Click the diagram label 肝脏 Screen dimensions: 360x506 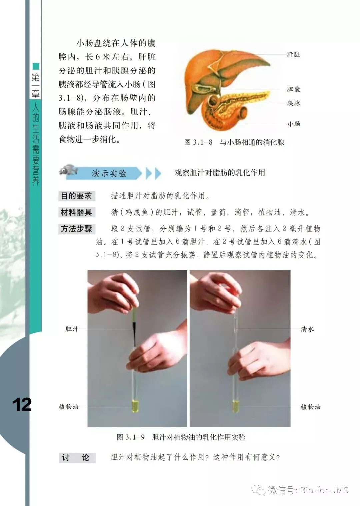(x=293, y=54)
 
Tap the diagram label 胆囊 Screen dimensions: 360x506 (x=293, y=89)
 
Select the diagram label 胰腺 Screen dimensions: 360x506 (x=293, y=103)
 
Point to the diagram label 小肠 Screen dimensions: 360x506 (x=294, y=124)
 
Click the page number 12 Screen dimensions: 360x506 (x=22, y=405)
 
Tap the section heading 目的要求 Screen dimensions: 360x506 (x=76, y=196)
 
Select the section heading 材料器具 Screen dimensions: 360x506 (x=76, y=212)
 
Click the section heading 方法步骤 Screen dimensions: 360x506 (x=76, y=229)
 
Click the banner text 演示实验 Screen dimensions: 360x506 (x=109, y=173)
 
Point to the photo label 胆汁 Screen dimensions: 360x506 (x=72, y=329)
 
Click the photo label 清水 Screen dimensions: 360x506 (x=307, y=329)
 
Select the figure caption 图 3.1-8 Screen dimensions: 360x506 (x=198, y=142)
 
